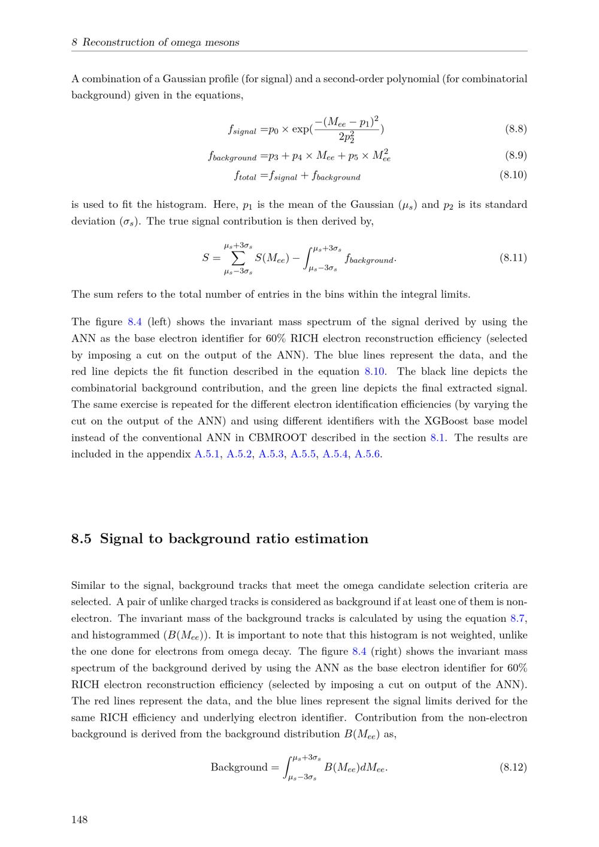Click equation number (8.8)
pyautogui.click(x=516, y=129)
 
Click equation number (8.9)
pyautogui.click(x=516, y=156)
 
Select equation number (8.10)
pyautogui.click(x=513, y=176)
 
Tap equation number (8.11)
pyautogui.click(x=513, y=258)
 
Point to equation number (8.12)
pyautogui.click(x=513, y=767)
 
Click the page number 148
pyautogui.click(x=79, y=819)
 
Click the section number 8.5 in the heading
pyautogui.click(x=81, y=539)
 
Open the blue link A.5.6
pyautogui.click(x=368, y=454)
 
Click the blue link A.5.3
pyautogui.click(x=271, y=454)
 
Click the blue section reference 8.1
pyautogui.click(x=437, y=437)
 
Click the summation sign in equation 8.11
pyautogui.click(x=238, y=258)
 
